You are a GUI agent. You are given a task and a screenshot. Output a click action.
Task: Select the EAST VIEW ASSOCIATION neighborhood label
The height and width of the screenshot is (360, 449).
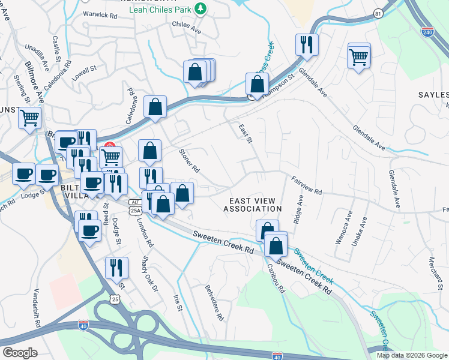(252, 205)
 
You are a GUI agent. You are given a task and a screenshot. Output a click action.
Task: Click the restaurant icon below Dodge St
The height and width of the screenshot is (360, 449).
(116, 266)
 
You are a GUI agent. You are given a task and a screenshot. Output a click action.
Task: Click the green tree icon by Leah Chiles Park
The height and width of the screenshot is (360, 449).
(202, 8)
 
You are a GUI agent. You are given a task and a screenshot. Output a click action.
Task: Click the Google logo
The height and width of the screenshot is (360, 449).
(20, 353)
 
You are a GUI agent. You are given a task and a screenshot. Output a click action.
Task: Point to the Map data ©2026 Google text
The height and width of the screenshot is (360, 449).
(411, 355)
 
